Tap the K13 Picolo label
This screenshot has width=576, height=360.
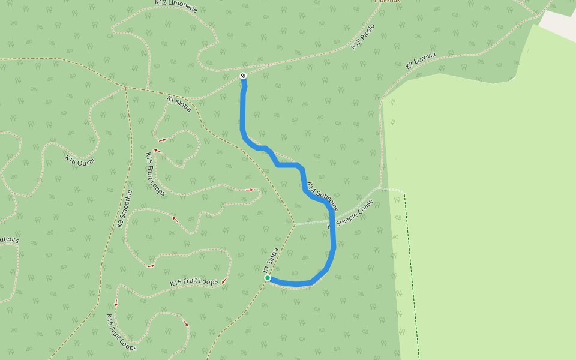point(363,37)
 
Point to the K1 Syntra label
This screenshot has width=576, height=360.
point(179,104)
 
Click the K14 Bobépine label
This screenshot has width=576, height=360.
point(322,196)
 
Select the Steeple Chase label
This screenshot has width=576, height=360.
point(355,212)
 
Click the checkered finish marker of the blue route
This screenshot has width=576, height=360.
point(243,76)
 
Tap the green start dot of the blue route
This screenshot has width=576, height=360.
point(268,278)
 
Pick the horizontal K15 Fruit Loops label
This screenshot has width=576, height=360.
point(194,282)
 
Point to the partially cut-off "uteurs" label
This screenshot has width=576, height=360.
point(9,240)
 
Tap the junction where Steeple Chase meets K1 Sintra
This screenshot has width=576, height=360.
point(295,224)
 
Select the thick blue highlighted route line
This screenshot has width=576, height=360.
point(242,114)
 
